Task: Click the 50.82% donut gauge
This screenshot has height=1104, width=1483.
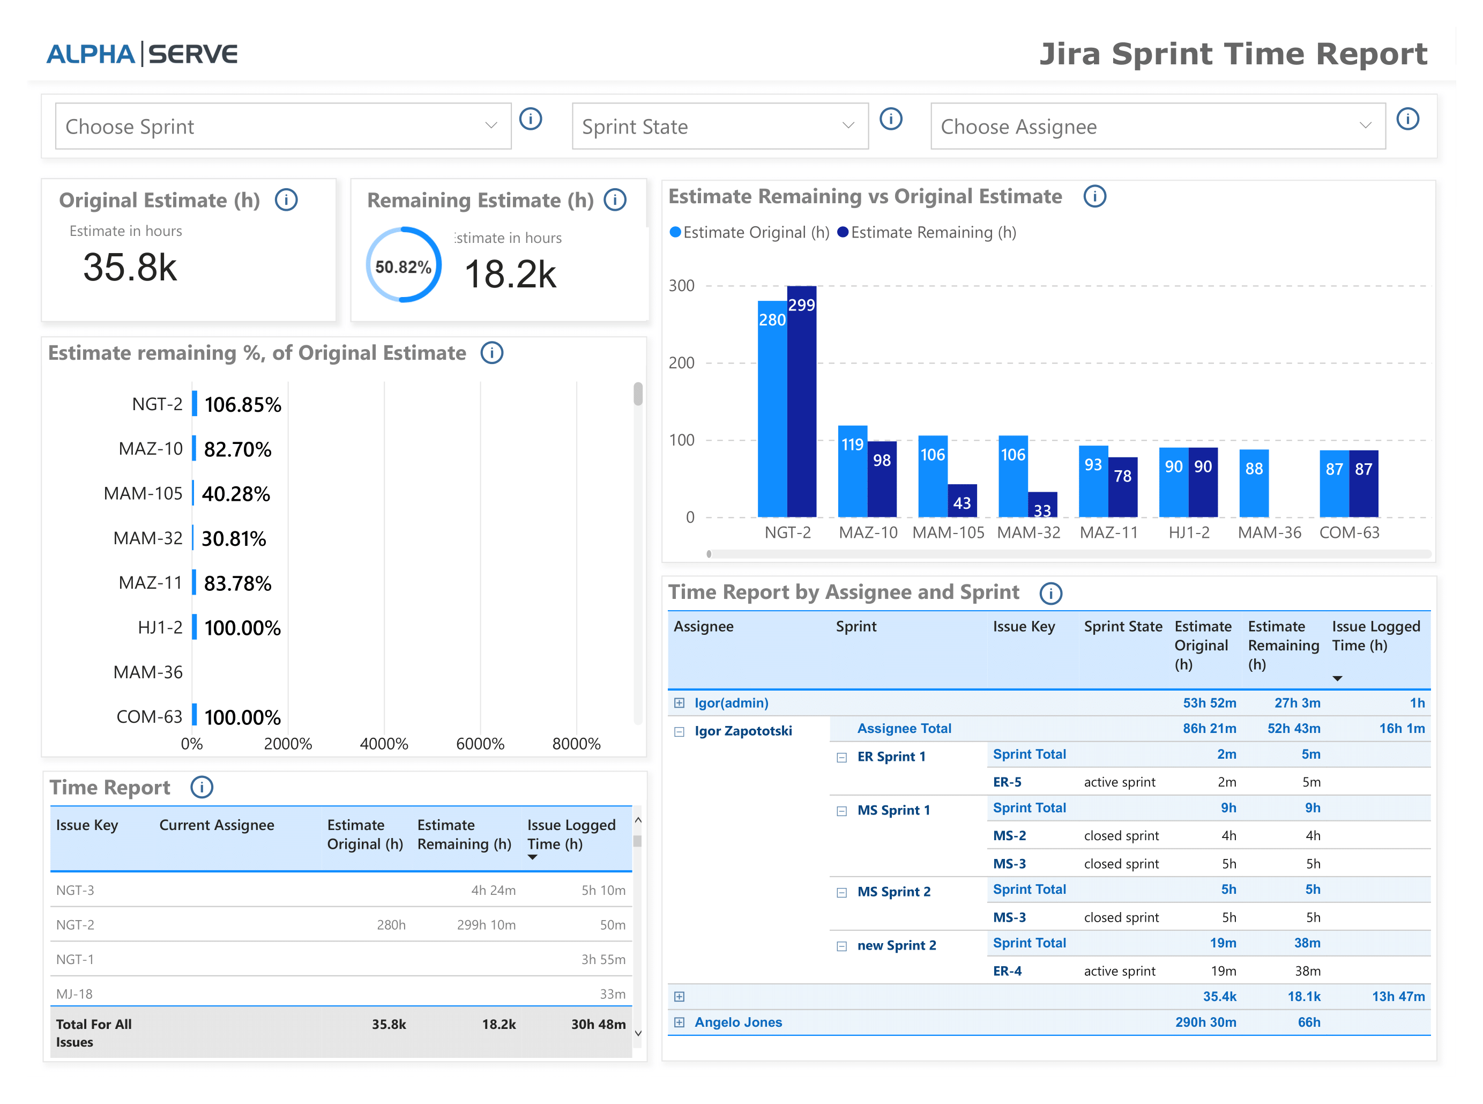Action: point(403,265)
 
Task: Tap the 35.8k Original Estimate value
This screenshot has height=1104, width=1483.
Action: point(130,268)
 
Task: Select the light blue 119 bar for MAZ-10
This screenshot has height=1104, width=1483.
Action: point(852,471)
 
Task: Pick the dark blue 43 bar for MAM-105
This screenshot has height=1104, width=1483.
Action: point(962,501)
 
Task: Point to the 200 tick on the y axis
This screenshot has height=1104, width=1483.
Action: point(681,363)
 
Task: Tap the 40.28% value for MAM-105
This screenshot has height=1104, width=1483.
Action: point(236,494)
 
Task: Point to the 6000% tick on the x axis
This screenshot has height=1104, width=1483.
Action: point(480,744)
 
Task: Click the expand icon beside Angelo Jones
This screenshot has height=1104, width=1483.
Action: point(679,1022)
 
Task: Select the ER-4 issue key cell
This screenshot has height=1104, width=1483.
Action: point(1007,971)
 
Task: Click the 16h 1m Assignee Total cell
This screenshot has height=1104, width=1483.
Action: point(1402,729)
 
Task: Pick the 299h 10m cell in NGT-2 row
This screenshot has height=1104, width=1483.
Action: point(486,925)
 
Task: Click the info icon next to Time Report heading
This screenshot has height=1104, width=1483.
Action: point(201,787)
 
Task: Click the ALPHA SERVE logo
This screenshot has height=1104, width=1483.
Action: point(141,54)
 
